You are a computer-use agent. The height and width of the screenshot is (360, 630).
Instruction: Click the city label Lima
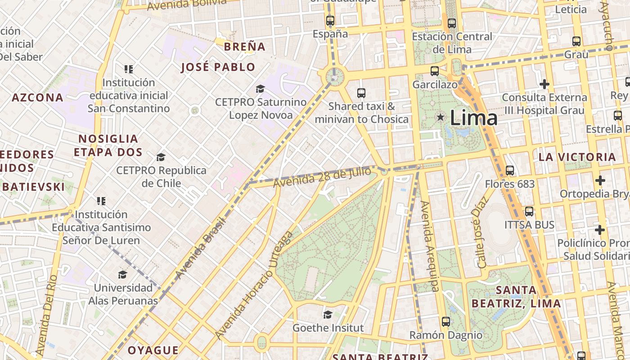[x=473, y=118]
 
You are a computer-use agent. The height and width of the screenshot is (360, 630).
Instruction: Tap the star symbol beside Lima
[x=441, y=117]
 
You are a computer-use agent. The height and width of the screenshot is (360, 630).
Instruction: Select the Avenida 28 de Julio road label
[x=322, y=177]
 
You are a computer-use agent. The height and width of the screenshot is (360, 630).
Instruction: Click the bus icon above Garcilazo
[x=434, y=71]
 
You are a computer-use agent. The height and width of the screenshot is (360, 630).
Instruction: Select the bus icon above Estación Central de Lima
[x=452, y=23]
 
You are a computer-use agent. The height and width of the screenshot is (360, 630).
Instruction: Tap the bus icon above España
[x=330, y=20]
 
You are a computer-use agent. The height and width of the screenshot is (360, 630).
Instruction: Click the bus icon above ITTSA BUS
[x=529, y=211]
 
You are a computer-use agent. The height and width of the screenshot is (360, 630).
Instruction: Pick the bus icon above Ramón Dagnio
[x=445, y=322]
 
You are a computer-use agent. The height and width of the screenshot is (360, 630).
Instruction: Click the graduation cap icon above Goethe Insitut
[x=328, y=315]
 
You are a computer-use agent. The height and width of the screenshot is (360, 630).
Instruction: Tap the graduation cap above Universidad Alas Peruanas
[x=122, y=274]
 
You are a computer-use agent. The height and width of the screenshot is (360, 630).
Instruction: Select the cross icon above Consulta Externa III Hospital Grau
[x=544, y=84]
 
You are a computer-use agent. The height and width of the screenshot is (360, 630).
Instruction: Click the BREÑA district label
[x=244, y=46]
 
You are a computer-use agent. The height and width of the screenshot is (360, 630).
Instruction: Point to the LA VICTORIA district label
[x=577, y=157]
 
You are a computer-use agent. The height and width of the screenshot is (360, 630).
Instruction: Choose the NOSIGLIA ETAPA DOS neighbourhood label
[x=108, y=145]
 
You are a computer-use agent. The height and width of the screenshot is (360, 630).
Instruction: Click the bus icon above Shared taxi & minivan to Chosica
[x=361, y=93]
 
